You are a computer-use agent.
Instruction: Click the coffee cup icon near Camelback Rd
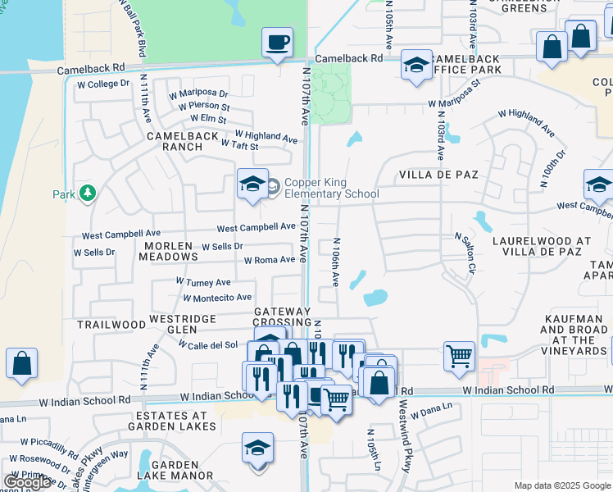click(277, 42)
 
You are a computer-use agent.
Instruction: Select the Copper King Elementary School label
click(331, 188)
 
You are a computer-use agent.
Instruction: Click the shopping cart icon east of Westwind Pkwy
click(459, 356)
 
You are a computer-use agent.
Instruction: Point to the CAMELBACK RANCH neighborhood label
click(183, 141)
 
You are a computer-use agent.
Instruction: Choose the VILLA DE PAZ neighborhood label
click(438, 175)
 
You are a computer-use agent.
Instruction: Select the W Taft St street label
click(240, 145)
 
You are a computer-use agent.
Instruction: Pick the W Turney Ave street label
click(203, 281)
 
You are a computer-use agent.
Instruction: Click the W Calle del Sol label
click(207, 344)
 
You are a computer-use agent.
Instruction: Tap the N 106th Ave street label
click(335, 262)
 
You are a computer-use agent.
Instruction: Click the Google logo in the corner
click(28, 482)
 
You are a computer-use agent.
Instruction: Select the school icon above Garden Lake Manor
click(257, 450)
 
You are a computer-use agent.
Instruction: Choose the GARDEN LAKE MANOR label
click(181, 470)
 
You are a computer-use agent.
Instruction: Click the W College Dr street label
click(102, 84)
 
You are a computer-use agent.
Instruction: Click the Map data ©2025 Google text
click(561, 485)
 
